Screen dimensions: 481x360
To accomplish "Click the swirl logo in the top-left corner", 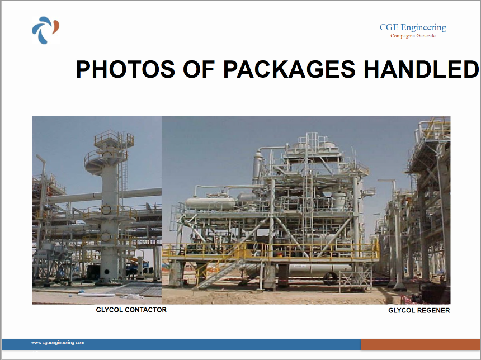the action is coord(45,30).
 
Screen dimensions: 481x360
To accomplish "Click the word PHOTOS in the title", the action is coord(125,69).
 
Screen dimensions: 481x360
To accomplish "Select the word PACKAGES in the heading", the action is coord(289,69).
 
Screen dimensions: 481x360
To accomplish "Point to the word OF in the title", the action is coord(199,69).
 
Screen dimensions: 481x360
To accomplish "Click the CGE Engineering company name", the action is coord(413,27).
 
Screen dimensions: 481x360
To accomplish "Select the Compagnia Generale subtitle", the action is coord(413,36).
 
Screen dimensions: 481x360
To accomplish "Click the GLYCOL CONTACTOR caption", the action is coord(131,310).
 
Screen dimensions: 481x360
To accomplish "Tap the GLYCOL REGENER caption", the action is coord(419,310).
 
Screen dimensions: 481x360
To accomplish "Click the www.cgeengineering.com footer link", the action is coord(58,343).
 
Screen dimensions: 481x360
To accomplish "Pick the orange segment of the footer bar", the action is coord(421,344).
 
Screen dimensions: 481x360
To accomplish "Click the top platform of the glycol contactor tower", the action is coord(114,140).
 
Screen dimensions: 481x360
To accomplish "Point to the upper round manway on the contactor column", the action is coord(106,210).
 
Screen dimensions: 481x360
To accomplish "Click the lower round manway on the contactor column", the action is coord(106,236).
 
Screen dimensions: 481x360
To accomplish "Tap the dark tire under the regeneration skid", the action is coord(331,278).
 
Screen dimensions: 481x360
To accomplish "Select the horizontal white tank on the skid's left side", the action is coord(210,203).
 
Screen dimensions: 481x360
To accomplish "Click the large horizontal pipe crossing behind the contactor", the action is coord(104,196).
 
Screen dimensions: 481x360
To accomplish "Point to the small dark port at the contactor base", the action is coord(106,272).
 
